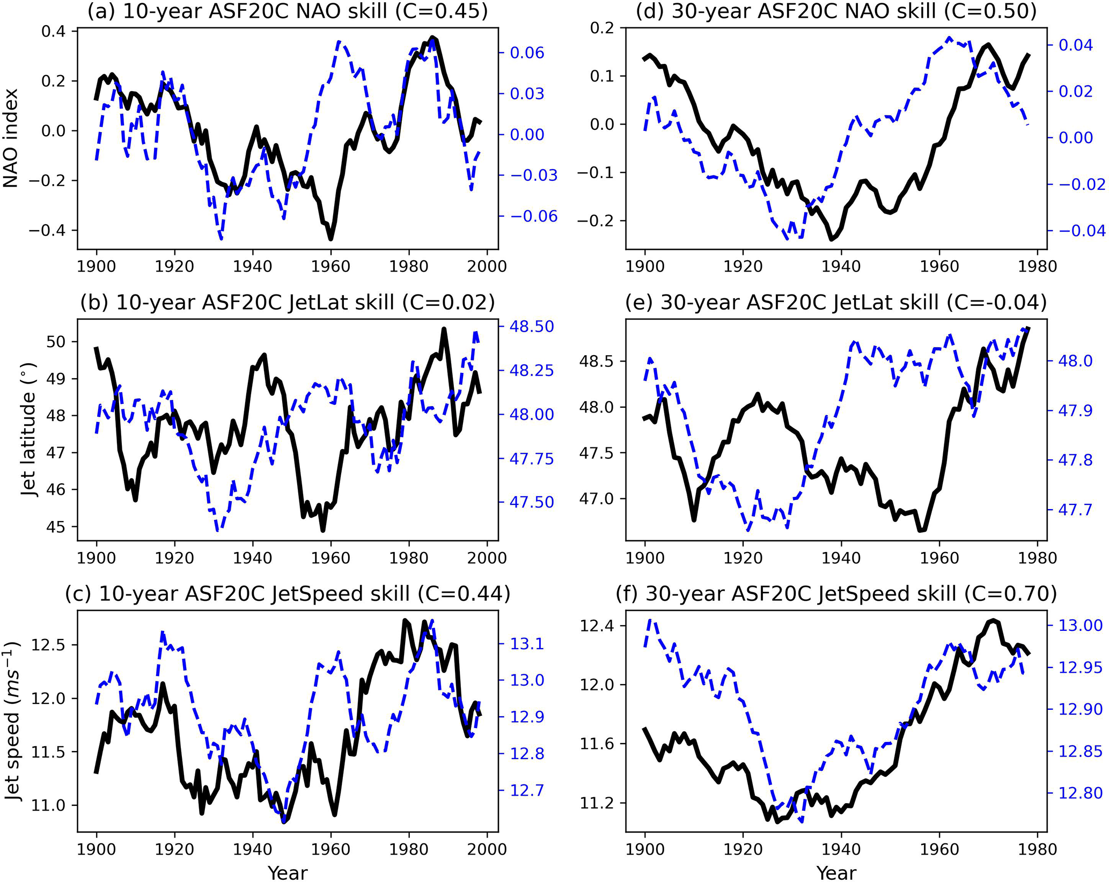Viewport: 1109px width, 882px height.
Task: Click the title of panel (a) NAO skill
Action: tap(288, 11)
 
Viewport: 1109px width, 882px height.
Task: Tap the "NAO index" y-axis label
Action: tap(11, 138)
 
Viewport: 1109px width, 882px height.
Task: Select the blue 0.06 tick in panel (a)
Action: tap(527, 53)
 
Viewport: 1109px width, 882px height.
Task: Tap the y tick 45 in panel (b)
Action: tap(59, 527)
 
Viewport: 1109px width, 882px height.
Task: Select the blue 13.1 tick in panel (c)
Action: tap(527, 643)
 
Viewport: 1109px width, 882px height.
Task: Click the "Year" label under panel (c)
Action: tap(288, 873)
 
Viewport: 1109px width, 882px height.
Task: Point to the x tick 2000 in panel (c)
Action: tap(487, 849)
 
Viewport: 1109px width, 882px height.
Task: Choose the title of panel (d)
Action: tap(836, 11)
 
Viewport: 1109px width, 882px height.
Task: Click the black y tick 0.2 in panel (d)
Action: tap(603, 28)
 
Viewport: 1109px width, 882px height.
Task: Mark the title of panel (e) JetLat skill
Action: tap(836, 303)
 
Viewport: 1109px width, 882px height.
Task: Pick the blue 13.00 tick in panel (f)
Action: tap(1079, 626)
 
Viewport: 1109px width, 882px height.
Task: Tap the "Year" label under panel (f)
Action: tap(836, 873)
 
